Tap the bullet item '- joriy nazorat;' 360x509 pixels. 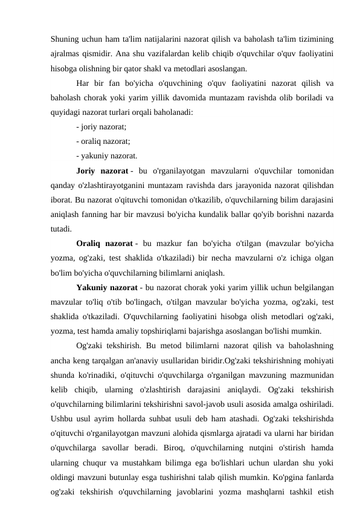point(101,126)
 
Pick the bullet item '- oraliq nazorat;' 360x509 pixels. point(103,141)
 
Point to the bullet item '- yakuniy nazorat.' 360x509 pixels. point(106,155)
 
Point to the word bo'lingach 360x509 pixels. point(131,300)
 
